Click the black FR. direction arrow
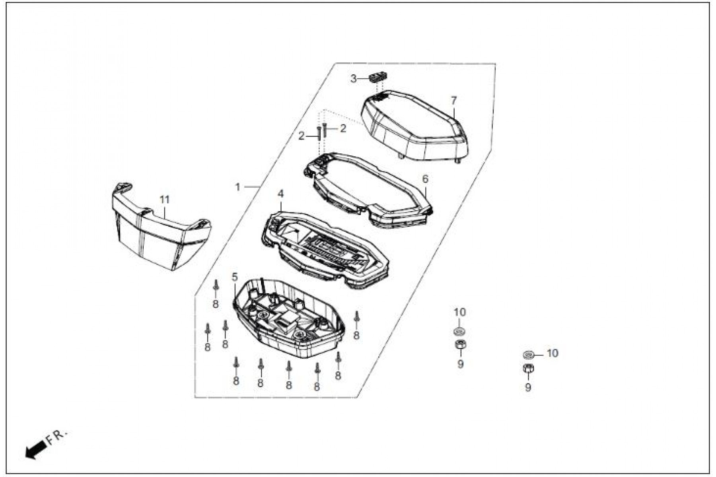point(35,451)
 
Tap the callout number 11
point(165,200)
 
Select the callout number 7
point(454,101)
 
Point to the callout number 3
point(354,79)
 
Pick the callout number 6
point(425,179)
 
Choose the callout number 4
point(281,194)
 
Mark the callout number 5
point(235,277)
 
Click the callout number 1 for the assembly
point(238,187)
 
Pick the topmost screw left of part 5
point(216,286)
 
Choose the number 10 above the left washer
point(459,312)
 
